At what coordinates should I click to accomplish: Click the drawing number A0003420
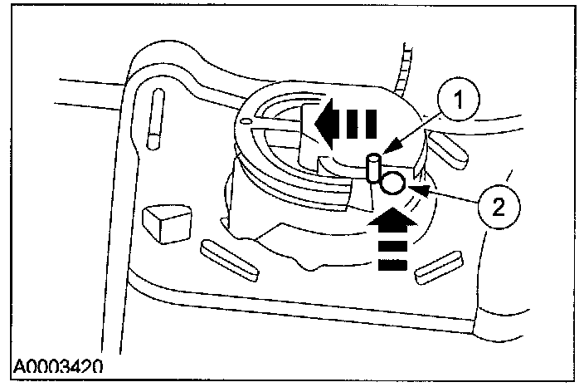coord(57,365)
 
